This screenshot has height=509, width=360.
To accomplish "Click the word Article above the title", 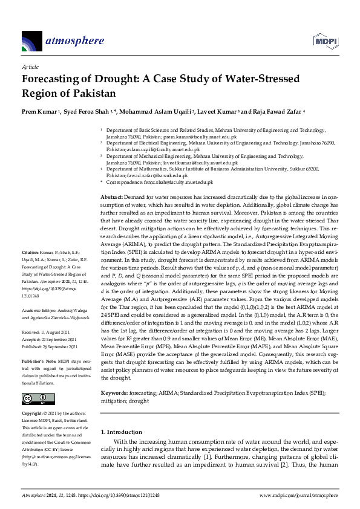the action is click(x=30, y=67).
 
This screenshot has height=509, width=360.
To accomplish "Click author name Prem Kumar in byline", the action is click(x=39, y=112).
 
